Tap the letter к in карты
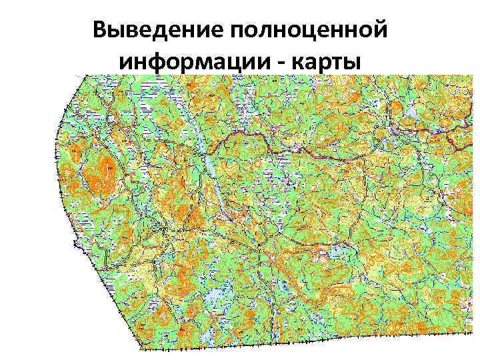[x=295, y=61]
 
